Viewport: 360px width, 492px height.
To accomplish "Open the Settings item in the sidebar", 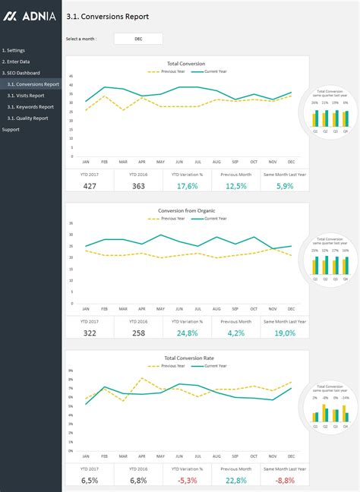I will tap(14, 50).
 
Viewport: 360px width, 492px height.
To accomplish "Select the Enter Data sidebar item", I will tap(16, 61).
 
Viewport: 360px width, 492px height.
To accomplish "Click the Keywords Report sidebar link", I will tap(31, 107).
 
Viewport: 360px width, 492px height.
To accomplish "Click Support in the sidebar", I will tap(11, 130).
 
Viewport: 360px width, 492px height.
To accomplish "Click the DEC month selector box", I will tap(138, 39).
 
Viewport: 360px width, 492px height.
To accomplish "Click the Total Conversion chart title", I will tap(187, 64).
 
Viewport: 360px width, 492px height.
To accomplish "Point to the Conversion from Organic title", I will tap(187, 211).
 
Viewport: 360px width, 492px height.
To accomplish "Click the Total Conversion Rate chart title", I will tap(187, 357).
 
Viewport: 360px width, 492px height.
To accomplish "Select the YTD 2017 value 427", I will tap(90, 186).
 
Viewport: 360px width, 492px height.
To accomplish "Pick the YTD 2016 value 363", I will tap(138, 186).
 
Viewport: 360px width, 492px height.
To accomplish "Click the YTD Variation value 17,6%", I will tap(187, 186).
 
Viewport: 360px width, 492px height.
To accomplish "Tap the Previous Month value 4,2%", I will tap(235, 333).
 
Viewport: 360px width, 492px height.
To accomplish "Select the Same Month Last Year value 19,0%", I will tap(285, 333).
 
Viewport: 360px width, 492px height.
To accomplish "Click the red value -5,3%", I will tap(187, 480).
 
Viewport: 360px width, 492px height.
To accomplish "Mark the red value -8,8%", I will tap(285, 480).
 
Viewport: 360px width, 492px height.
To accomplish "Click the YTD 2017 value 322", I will tap(90, 333).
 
